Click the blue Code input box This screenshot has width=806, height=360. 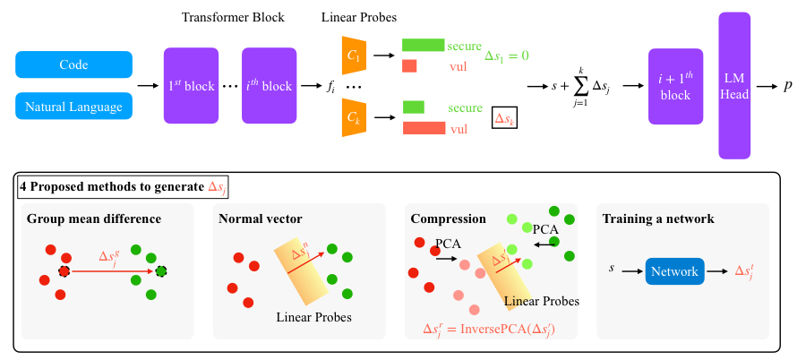pos(73,64)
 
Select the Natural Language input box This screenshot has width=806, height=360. pos(73,107)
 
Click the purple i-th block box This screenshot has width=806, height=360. pos(268,86)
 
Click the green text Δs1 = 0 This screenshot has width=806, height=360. pos(506,56)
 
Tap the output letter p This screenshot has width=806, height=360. pos(787,86)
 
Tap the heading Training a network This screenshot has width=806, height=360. pos(658,219)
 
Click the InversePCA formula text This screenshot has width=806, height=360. pos(489,329)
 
